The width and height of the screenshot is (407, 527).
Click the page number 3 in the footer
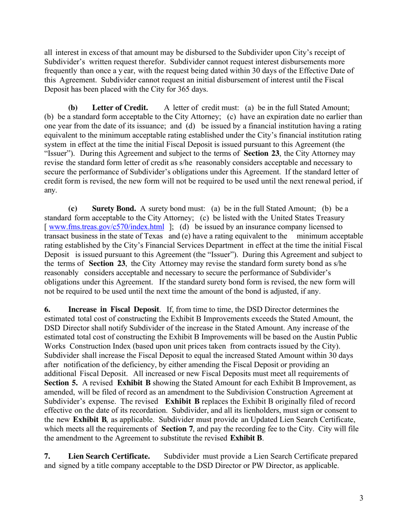[x=361, y=498]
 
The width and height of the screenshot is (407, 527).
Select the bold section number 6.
[x=48, y=308]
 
